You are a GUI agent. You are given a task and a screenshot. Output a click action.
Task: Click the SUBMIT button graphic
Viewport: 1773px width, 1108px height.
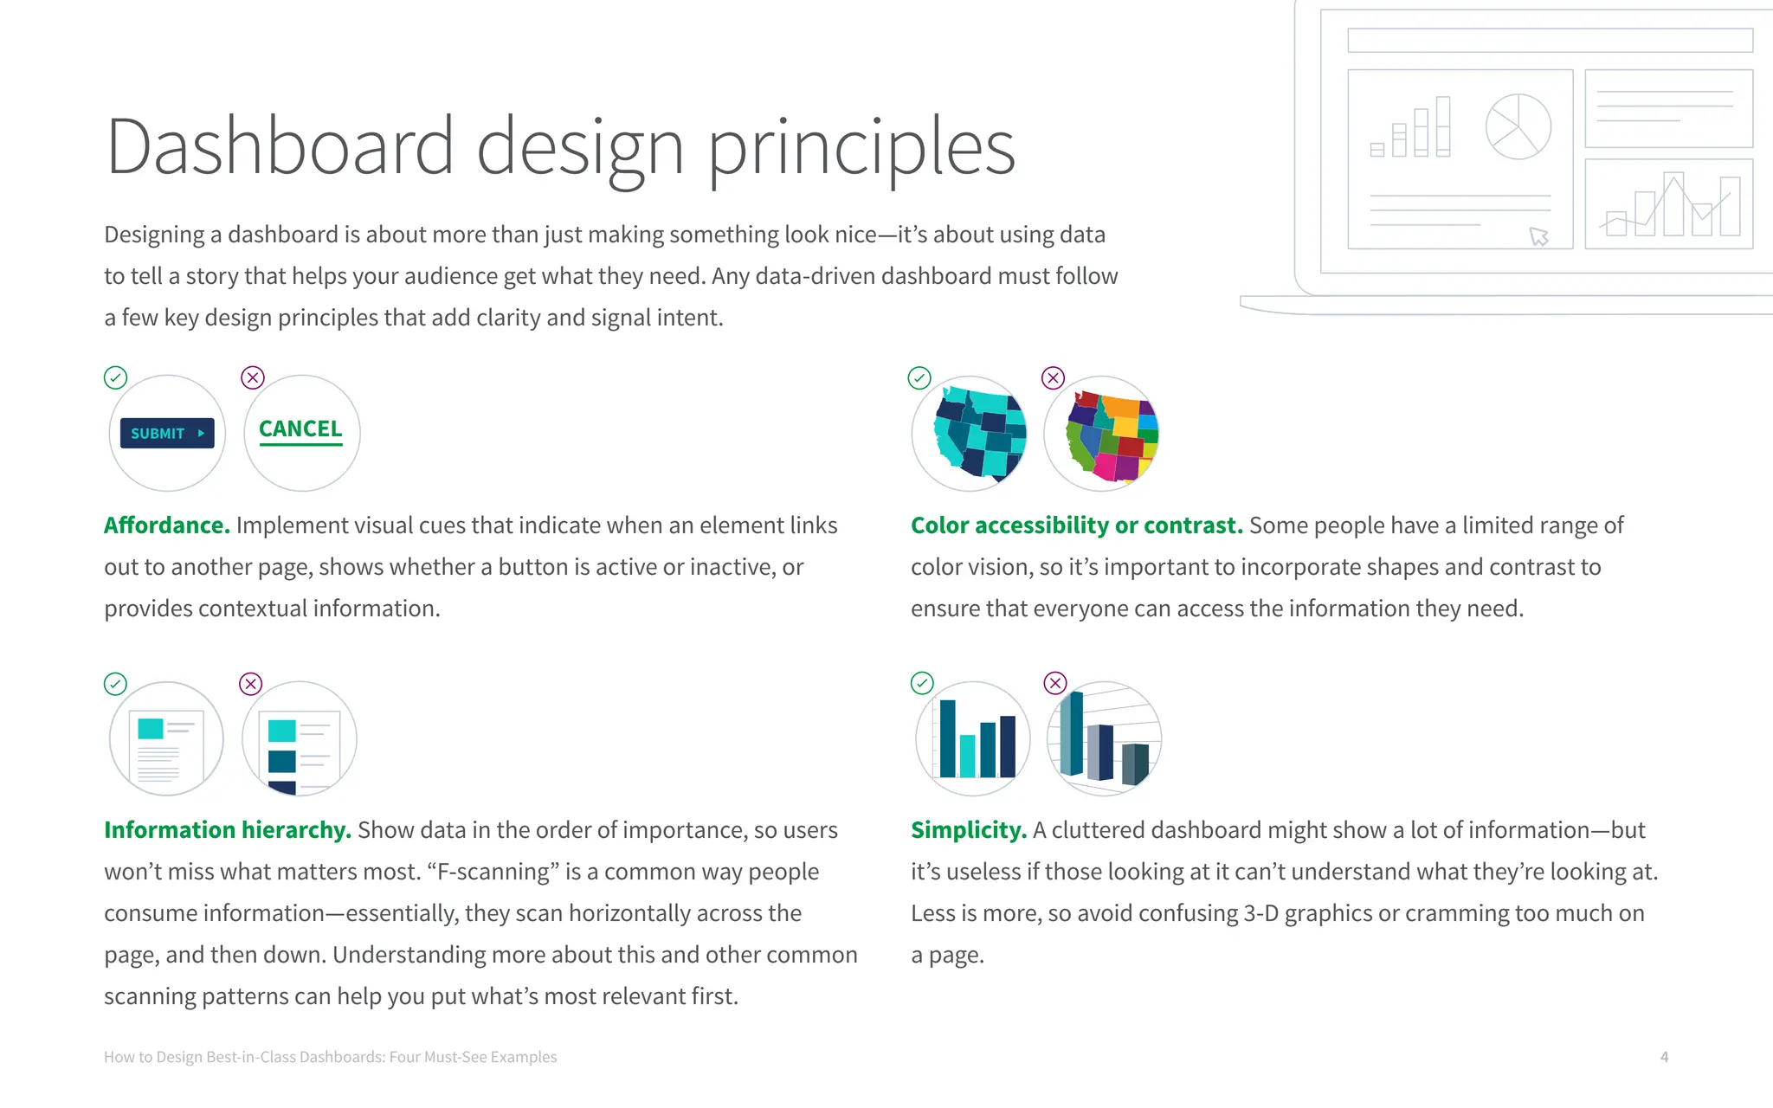(x=167, y=433)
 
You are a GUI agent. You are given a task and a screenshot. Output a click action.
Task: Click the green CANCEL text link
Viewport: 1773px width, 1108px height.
(x=300, y=429)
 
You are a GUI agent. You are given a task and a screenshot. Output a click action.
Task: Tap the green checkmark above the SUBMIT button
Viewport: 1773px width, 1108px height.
(x=115, y=378)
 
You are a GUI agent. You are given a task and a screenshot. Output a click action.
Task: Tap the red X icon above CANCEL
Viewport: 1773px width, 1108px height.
(x=252, y=378)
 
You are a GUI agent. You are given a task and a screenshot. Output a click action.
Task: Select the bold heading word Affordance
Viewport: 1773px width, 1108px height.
(x=166, y=525)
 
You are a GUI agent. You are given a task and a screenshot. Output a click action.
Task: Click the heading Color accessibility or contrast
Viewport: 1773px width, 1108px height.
(x=1076, y=525)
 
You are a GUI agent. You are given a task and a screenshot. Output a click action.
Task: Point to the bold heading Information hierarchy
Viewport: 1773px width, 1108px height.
(x=227, y=830)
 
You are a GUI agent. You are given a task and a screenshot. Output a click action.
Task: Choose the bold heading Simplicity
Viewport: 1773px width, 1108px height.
(x=968, y=830)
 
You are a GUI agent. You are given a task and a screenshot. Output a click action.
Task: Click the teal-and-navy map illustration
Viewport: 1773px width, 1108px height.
(x=970, y=433)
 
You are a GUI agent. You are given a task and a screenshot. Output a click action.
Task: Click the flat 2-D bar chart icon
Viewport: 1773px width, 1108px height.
(x=974, y=738)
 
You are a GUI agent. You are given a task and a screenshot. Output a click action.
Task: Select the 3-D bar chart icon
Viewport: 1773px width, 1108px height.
(x=1105, y=738)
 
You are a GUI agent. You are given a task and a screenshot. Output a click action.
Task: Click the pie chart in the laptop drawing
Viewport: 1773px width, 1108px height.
(x=1518, y=126)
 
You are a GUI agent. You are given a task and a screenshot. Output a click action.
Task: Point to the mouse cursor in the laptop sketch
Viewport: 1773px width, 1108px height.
(x=1538, y=236)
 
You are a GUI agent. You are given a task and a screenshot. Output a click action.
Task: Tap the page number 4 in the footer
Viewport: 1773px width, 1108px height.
(x=1664, y=1057)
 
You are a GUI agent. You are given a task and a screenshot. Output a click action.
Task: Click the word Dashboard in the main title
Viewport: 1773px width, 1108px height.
(x=280, y=146)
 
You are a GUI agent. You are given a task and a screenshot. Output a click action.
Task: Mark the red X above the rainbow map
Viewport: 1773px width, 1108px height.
(x=1053, y=378)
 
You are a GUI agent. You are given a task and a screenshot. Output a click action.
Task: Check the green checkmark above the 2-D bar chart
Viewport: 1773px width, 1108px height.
(x=922, y=684)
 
